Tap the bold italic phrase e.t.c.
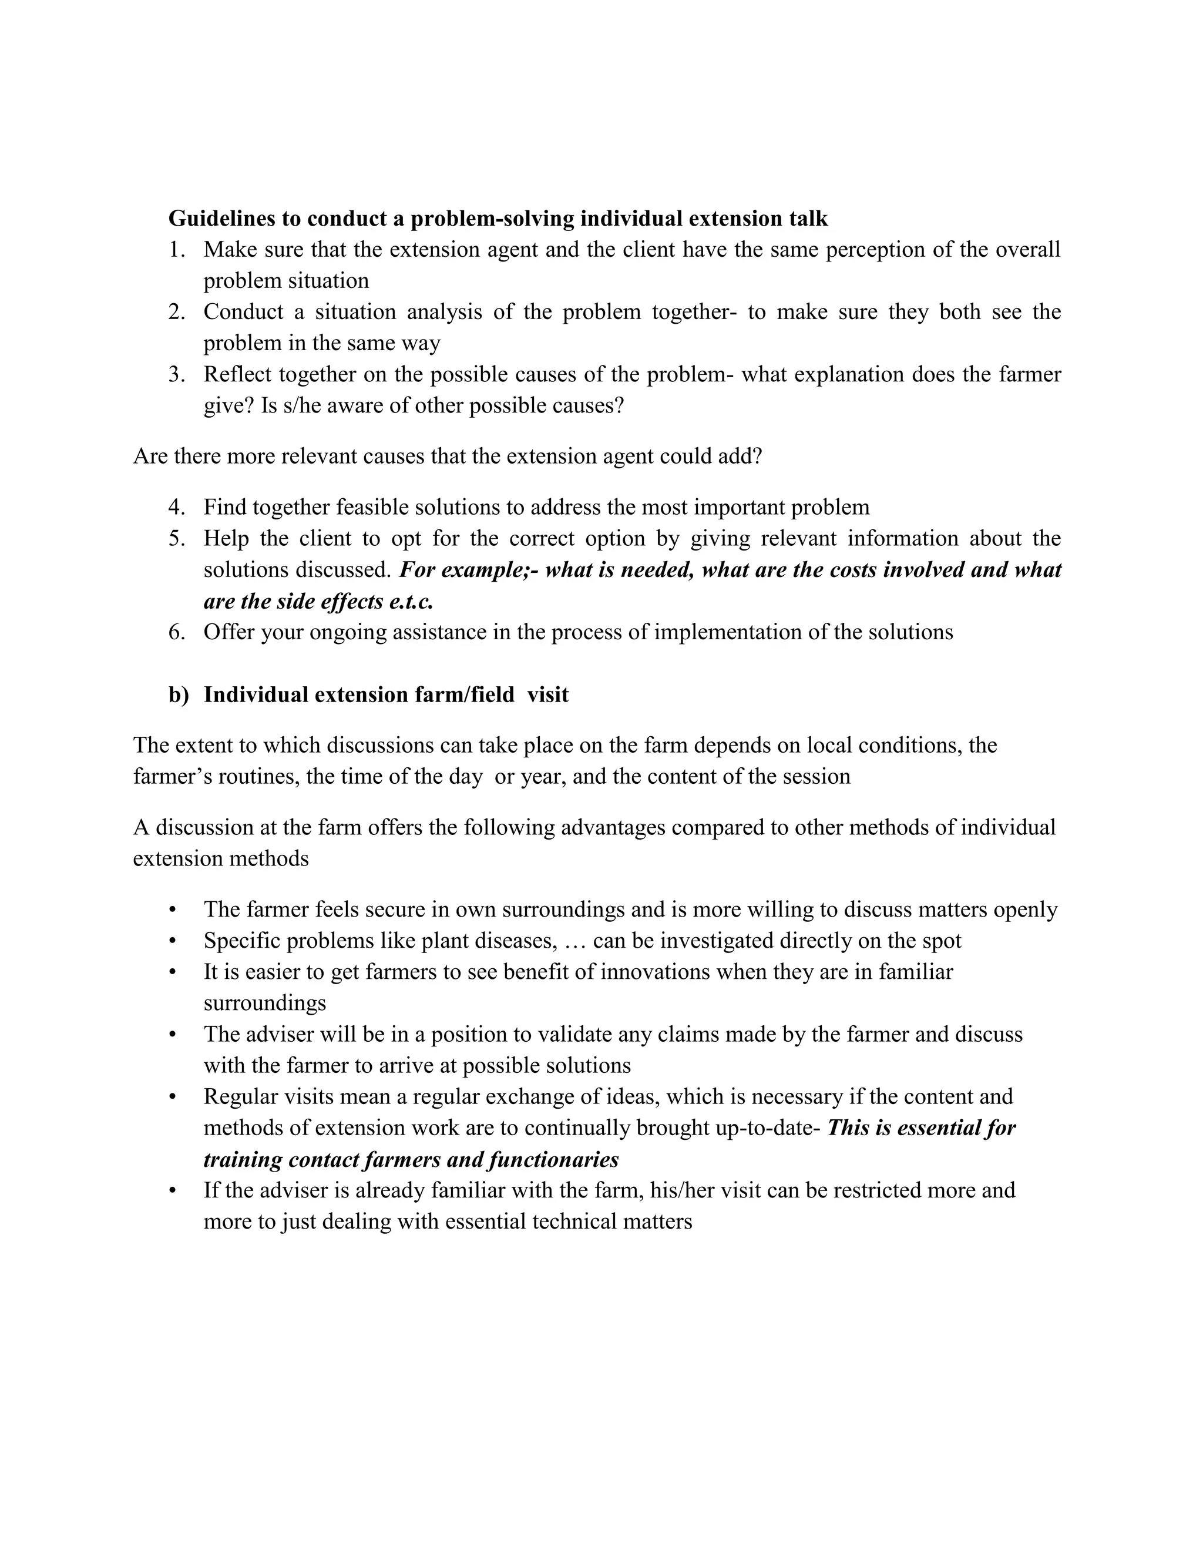point(412,602)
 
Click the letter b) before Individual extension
point(178,695)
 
